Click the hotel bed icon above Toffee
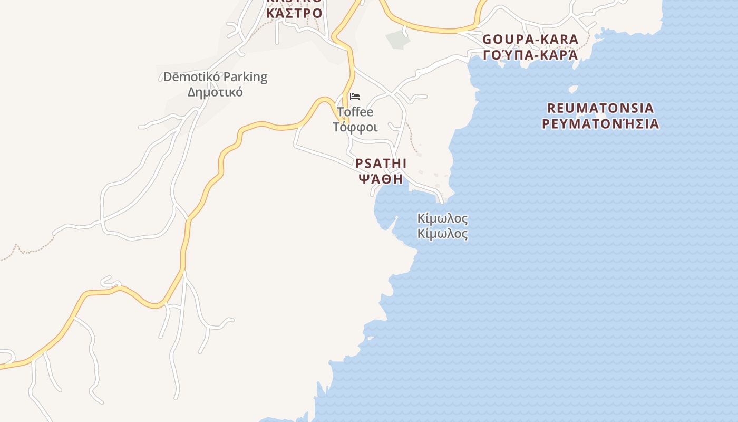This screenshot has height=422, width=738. point(355,97)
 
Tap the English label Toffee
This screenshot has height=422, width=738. point(355,112)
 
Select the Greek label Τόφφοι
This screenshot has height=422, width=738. point(355,127)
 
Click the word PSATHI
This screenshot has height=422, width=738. point(381,164)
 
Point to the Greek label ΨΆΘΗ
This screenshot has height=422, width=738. point(381,179)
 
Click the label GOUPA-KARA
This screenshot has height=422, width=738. point(530,40)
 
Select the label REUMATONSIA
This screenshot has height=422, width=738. point(600,108)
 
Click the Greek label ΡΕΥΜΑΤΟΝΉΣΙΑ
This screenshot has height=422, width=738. point(600,124)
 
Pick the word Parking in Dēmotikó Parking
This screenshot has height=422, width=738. point(244,77)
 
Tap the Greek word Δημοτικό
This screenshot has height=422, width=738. point(215,92)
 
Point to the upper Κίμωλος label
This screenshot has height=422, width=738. point(442,218)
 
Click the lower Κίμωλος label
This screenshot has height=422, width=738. point(442,234)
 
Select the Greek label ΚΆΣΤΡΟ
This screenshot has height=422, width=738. point(294,13)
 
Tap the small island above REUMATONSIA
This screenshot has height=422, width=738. point(573,88)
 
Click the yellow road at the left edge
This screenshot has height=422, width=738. point(11,365)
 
